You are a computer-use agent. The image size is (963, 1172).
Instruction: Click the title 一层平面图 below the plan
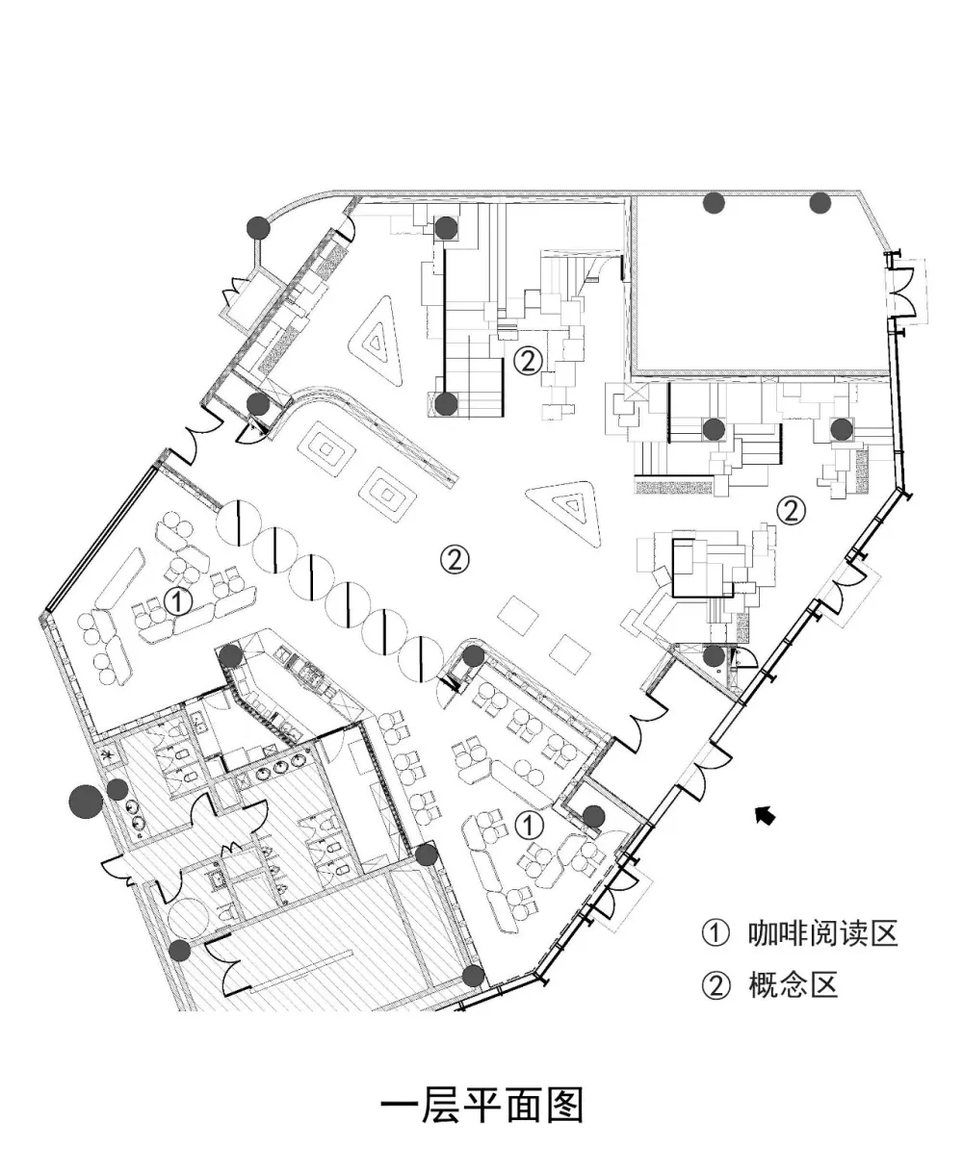pyautogui.click(x=481, y=1106)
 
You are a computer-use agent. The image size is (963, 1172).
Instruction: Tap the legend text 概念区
pyautogui.click(x=792, y=985)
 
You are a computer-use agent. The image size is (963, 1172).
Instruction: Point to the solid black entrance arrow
pyautogui.click(x=766, y=816)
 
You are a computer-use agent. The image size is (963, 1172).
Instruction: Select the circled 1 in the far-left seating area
pyautogui.click(x=178, y=601)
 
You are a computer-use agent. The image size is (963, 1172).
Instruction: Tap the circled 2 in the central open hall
pyautogui.click(x=454, y=557)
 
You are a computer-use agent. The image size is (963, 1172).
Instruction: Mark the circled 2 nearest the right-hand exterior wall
pyautogui.click(x=791, y=510)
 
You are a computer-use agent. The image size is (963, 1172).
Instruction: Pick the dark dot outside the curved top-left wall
pyautogui.click(x=257, y=227)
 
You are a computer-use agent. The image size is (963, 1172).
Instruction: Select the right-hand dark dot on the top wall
pyautogui.click(x=820, y=203)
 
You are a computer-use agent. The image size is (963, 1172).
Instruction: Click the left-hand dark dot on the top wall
pyautogui.click(x=714, y=203)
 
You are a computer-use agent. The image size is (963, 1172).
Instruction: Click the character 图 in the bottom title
pyautogui.click(x=562, y=1106)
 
